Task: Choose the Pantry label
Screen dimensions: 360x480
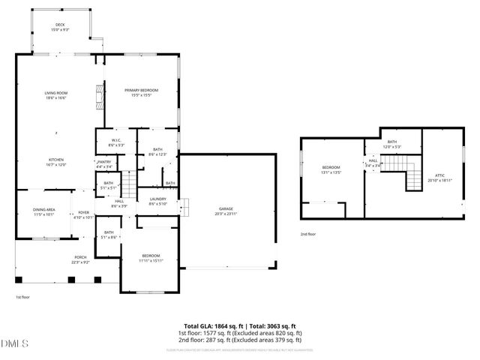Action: (104, 164)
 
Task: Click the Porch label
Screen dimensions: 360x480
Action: (80, 259)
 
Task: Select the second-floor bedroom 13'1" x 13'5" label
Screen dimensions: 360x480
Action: (331, 169)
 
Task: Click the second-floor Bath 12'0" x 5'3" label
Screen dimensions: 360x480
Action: (391, 144)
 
